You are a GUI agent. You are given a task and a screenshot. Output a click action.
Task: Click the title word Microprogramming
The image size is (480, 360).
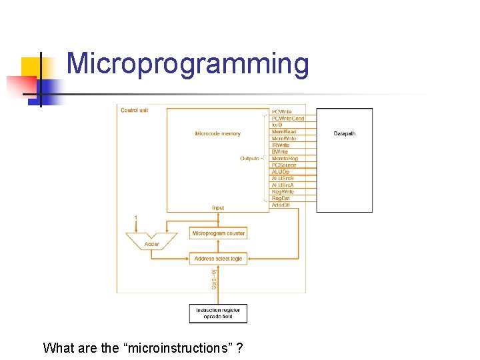click(x=187, y=64)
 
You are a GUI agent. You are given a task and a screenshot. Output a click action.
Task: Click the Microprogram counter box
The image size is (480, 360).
click(x=218, y=233)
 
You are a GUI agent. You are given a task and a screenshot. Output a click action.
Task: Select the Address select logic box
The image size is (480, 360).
click(x=218, y=258)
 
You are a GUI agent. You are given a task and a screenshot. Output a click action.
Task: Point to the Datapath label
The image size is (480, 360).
click(x=344, y=133)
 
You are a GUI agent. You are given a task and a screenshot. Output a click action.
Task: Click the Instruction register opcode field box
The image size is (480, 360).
click(x=218, y=313)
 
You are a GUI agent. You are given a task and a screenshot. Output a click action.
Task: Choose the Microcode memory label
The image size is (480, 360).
click(x=217, y=133)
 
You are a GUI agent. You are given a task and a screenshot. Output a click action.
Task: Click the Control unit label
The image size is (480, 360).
click(x=134, y=110)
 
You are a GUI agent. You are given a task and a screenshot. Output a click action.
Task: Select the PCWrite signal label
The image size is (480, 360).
click(x=281, y=112)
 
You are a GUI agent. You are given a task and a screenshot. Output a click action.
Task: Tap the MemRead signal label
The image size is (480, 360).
click(x=284, y=132)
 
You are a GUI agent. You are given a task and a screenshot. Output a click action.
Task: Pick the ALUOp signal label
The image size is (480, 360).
click(x=281, y=172)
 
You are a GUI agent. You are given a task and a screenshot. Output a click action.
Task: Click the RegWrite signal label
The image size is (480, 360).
click(x=283, y=192)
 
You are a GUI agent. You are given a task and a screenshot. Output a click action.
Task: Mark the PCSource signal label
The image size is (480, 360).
click(x=284, y=165)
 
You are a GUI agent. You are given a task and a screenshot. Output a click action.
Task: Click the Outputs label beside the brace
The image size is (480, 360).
click(x=249, y=159)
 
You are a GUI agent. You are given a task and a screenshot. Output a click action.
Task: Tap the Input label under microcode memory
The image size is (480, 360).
click(x=218, y=208)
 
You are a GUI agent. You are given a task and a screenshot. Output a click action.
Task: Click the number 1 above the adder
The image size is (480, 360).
click(x=136, y=218)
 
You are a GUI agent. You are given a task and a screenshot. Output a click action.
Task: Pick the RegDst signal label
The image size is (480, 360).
click(x=281, y=199)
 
